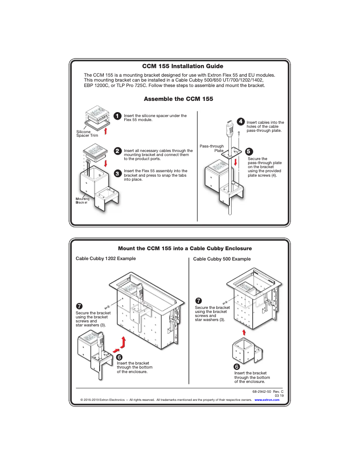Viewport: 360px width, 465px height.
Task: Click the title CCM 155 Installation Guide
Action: click(182, 66)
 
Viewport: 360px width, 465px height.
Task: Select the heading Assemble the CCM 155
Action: click(178, 99)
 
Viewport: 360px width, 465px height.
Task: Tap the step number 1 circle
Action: click(117, 116)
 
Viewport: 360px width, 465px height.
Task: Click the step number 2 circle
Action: click(117, 151)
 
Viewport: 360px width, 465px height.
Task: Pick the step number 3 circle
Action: click(117, 173)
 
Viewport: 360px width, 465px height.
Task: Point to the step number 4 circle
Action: click(241, 122)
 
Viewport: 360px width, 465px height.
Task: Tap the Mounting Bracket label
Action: click(83, 200)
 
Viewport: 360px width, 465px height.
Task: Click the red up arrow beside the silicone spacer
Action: click(105, 130)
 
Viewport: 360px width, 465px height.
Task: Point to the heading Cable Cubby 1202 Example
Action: click(105, 259)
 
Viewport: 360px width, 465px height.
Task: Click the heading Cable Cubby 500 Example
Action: click(222, 259)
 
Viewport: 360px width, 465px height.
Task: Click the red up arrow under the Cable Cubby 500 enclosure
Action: click(244, 332)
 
